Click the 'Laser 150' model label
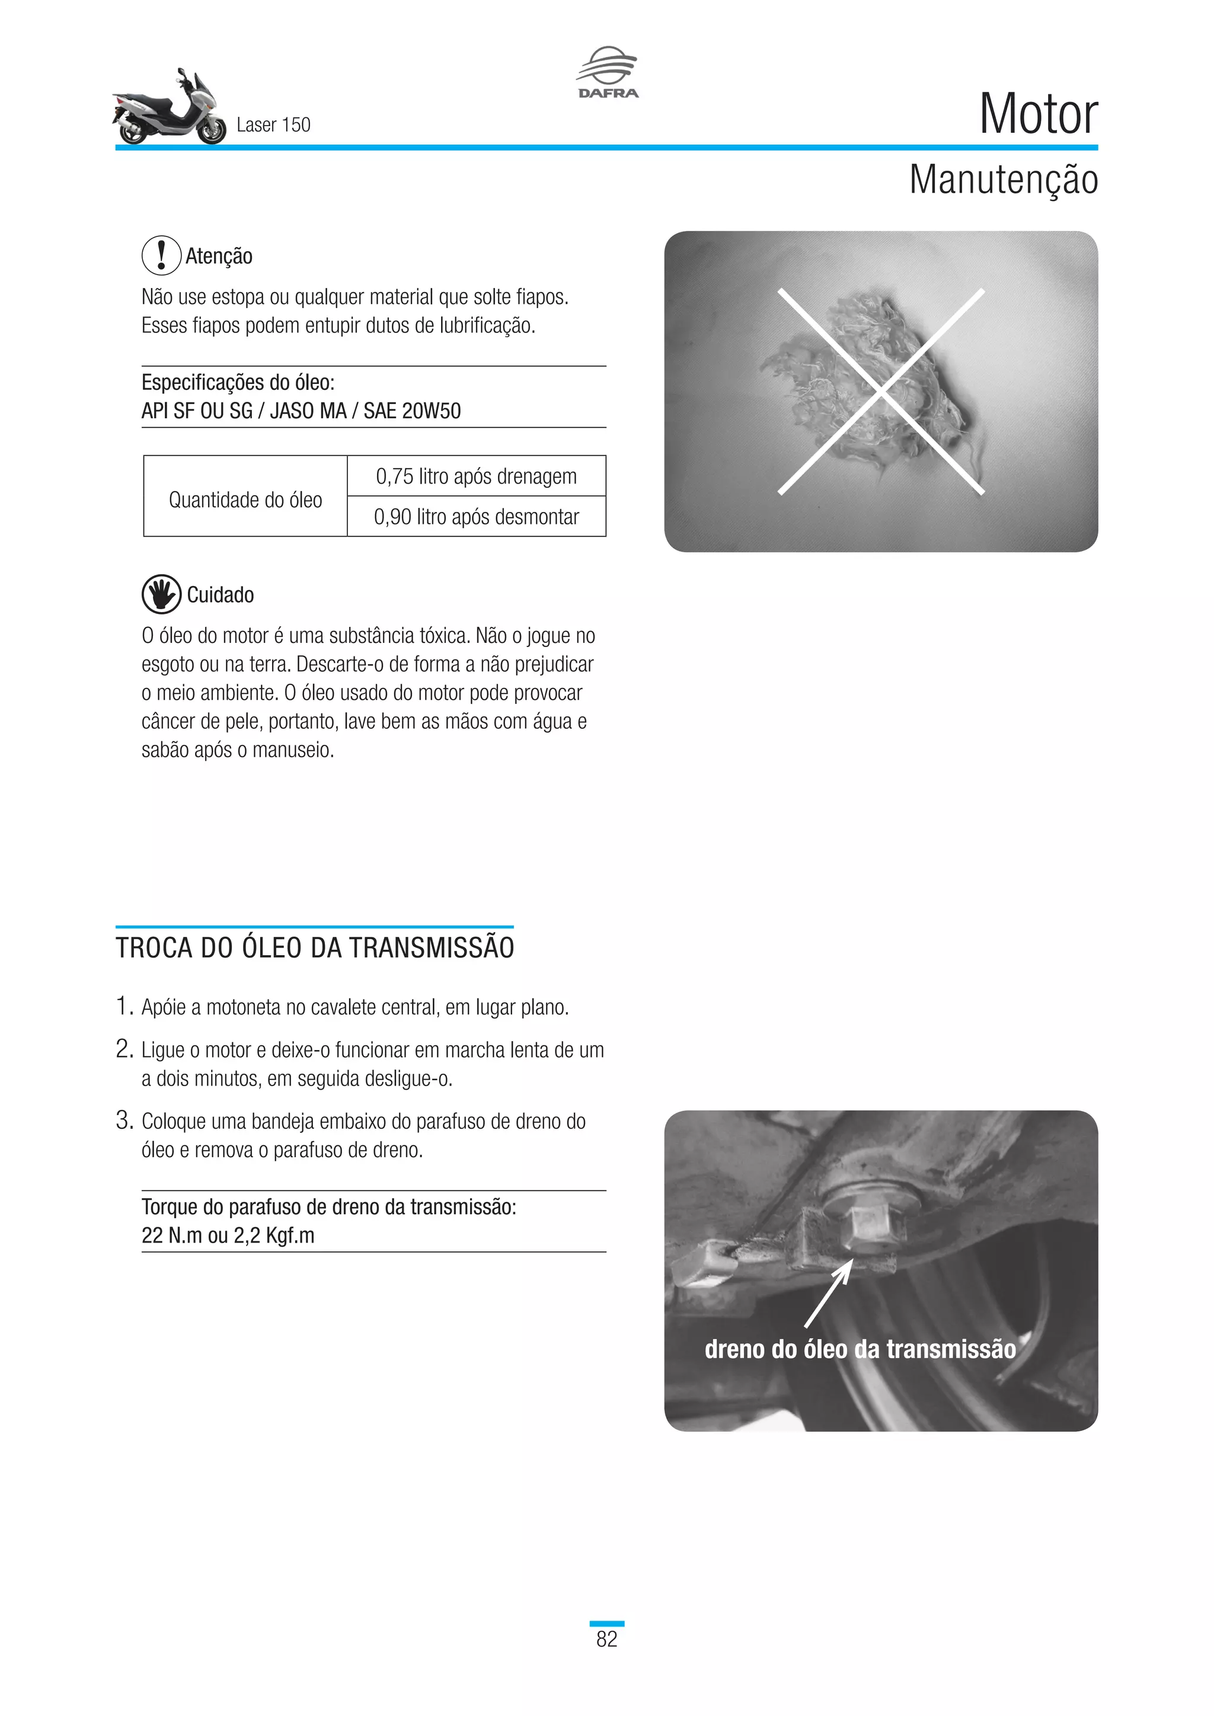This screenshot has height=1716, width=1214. [x=273, y=125]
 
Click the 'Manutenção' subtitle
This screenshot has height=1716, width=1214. [x=1002, y=180]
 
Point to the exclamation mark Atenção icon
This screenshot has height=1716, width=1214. [x=161, y=255]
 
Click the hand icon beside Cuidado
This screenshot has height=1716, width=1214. [x=161, y=594]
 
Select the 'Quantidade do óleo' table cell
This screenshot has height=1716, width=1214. [x=245, y=500]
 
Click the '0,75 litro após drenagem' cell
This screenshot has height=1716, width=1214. [x=476, y=476]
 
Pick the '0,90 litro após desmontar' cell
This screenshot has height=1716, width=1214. [x=476, y=517]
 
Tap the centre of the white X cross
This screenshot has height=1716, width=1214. [x=881, y=391]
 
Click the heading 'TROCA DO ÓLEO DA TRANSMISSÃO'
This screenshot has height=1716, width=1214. [x=315, y=947]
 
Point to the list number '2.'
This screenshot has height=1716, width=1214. [x=124, y=1049]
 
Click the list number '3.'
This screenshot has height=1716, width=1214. [x=124, y=1120]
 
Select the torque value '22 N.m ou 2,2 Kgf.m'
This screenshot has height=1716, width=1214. [x=228, y=1235]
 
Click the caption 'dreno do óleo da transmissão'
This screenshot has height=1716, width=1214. [x=860, y=1349]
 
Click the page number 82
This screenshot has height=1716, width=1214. [x=606, y=1639]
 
